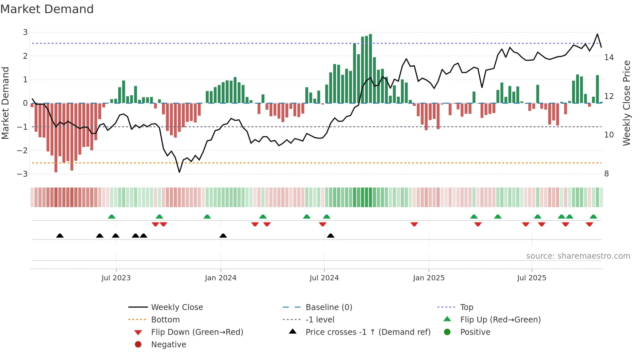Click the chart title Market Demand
point(47,9)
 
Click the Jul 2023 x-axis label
point(116,278)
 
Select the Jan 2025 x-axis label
point(428,278)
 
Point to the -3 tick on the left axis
point(22,174)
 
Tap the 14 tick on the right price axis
point(609,57)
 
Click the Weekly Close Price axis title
point(626,103)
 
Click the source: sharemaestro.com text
point(578,256)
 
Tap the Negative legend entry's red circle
point(138,345)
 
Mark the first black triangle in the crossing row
point(60,236)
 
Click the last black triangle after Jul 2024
point(330,236)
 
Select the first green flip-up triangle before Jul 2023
point(112,217)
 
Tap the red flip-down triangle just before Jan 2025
point(414,224)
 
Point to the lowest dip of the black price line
point(179,172)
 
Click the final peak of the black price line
point(597,34)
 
